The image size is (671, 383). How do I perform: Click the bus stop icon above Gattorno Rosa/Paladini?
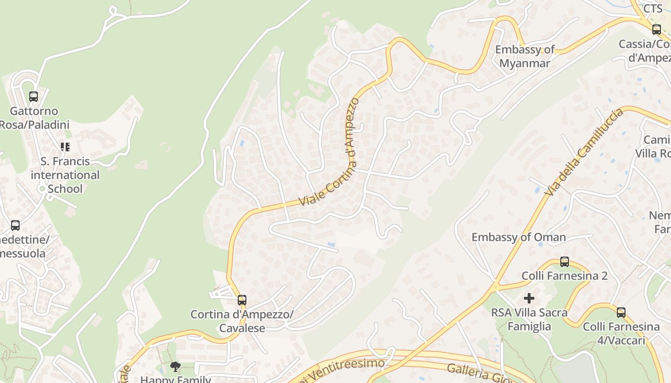click(34, 97)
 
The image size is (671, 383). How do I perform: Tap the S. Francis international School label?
click(65, 175)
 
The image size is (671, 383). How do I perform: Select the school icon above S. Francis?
click(65, 146)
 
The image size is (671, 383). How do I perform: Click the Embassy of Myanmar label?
click(525, 56)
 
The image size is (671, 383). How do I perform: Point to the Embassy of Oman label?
click(519, 237)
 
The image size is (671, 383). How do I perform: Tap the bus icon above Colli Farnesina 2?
click(565, 262)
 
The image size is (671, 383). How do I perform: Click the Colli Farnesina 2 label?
click(565, 276)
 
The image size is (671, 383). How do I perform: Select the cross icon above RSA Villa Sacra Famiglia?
click(529, 299)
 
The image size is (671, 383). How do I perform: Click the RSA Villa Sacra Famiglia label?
click(530, 320)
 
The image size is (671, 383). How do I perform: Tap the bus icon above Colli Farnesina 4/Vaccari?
click(621, 313)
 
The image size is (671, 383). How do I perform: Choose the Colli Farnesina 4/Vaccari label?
click(621, 334)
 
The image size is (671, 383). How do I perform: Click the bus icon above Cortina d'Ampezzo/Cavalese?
click(242, 300)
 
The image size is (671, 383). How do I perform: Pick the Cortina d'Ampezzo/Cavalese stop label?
click(242, 321)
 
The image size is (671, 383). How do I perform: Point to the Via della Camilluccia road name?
click(585, 152)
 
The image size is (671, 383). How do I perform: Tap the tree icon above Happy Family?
click(175, 367)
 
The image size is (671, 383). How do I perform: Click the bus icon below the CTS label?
click(657, 30)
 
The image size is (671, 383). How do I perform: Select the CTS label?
click(653, 9)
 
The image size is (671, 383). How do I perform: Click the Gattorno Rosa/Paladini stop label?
click(35, 118)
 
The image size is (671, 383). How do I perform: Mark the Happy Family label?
click(175, 379)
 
